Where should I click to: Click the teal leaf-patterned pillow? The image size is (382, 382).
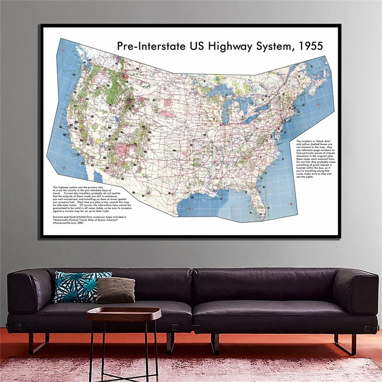[76, 286]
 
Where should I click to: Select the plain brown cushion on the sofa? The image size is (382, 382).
[116, 290]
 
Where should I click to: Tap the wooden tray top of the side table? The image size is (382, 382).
[124, 313]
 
